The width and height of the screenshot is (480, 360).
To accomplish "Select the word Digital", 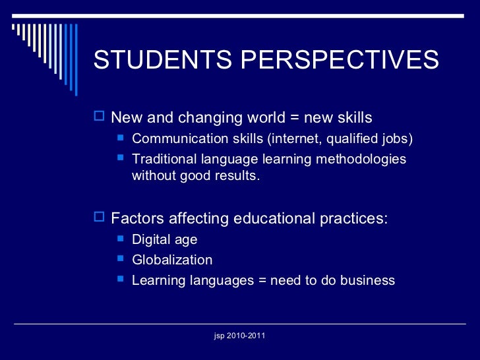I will [150, 239].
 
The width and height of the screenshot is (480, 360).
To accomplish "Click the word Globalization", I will [172, 260].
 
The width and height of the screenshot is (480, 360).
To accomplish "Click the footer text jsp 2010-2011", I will [240, 336].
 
